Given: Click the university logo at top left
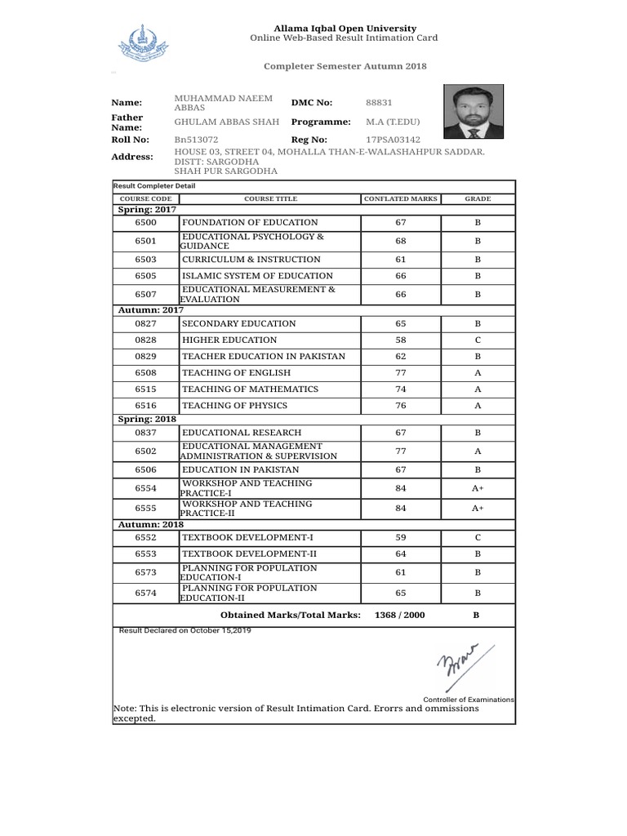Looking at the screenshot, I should click(140, 45).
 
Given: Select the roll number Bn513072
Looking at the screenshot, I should click(196, 140).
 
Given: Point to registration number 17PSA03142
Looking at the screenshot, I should click(394, 140).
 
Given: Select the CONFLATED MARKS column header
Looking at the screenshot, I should click(401, 198).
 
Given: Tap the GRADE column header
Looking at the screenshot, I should click(478, 198).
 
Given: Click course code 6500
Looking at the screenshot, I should click(145, 222).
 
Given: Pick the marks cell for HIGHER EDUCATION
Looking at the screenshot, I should click(400, 340).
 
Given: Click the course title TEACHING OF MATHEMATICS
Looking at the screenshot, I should click(250, 389).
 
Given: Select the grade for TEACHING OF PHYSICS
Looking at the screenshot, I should click(478, 406).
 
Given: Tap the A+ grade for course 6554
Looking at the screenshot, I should click(478, 487).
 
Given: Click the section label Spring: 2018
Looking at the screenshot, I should click(147, 418).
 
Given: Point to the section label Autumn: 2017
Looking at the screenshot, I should click(150, 309).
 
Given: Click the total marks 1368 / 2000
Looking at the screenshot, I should click(399, 615).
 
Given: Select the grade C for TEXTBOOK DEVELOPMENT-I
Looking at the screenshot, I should click(478, 538).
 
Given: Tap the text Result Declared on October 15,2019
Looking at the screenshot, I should click(185, 631).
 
